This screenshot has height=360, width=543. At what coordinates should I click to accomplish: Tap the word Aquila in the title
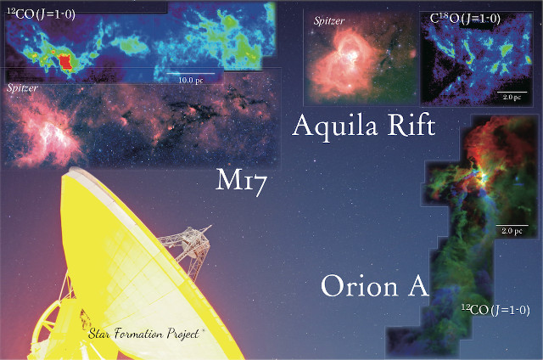click(x=333, y=127)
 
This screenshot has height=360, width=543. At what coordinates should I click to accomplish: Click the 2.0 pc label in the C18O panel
click(x=511, y=98)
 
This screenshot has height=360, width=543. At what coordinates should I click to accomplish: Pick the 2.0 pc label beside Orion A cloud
click(x=511, y=231)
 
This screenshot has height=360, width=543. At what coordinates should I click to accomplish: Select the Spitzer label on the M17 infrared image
click(x=22, y=87)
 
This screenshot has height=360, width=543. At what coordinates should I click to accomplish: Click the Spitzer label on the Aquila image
click(x=328, y=20)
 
